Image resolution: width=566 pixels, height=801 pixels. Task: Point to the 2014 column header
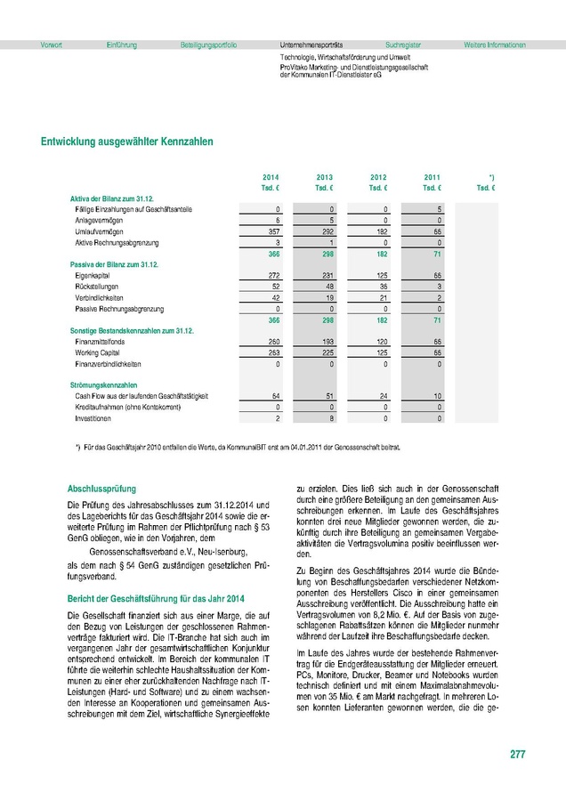[x=271, y=178]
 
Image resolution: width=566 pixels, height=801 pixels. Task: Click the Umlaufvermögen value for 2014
[x=273, y=231]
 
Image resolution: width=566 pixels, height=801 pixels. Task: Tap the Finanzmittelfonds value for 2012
[x=381, y=342]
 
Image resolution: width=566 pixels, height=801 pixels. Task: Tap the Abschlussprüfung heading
[x=100, y=489]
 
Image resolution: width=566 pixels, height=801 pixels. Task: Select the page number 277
[x=517, y=755]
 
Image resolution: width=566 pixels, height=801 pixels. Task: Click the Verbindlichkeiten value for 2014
[x=274, y=298]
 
